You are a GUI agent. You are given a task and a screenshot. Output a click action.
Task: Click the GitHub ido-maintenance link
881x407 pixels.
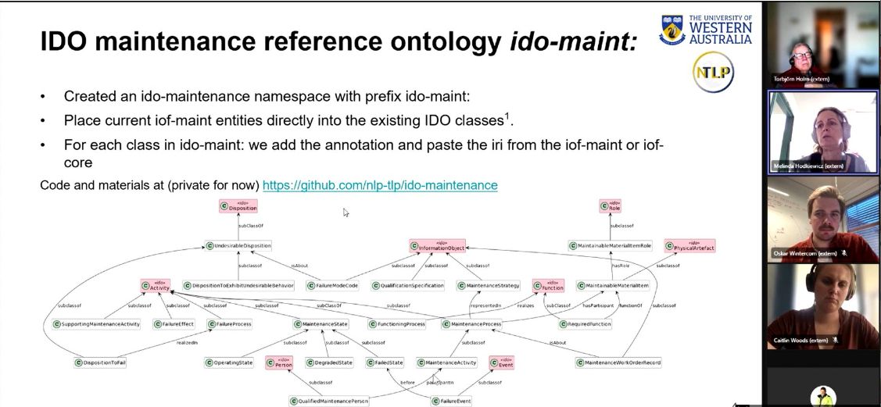pyautogui.click(x=380, y=185)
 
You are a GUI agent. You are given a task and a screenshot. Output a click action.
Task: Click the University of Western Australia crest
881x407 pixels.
pyautogui.click(x=673, y=29)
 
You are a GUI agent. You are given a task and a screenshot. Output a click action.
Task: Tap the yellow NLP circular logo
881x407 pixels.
pyautogui.click(x=713, y=73)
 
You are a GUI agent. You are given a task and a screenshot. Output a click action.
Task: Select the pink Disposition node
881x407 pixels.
pyautogui.click(x=238, y=206)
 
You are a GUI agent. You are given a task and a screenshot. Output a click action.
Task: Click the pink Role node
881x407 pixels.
pyautogui.click(x=611, y=206)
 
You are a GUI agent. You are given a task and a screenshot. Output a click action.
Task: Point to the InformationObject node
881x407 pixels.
pyautogui.click(x=437, y=246)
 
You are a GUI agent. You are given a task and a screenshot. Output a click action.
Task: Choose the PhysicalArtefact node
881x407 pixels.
pyautogui.click(x=689, y=246)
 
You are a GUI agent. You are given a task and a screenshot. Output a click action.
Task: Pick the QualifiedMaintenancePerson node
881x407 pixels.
pyautogui.click(x=329, y=401)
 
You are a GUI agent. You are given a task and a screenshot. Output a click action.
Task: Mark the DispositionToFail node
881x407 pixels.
pyautogui.click(x=100, y=362)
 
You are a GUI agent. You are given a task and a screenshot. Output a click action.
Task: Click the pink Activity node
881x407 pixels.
pyautogui.click(x=156, y=286)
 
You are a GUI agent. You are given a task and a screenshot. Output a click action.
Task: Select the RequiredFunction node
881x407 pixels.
pyautogui.click(x=586, y=323)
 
